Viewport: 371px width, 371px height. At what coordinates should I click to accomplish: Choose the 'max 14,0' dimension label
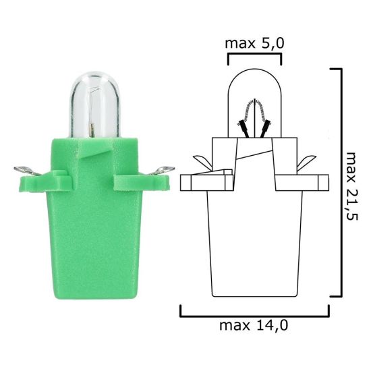click(x=254, y=325)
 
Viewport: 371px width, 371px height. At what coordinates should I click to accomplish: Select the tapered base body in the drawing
click(x=254, y=250)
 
